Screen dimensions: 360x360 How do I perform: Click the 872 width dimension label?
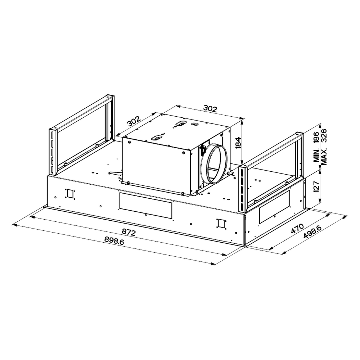(x=129, y=232)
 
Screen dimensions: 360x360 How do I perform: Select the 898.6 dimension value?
(x=114, y=240)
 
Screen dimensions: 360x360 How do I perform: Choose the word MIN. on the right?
(x=316, y=156)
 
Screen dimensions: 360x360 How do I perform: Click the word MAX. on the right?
(x=324, y=156)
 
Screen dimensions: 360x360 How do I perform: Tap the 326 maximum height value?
(x=324, y=136)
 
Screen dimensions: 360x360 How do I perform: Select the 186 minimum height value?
(x=316, y=138)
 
